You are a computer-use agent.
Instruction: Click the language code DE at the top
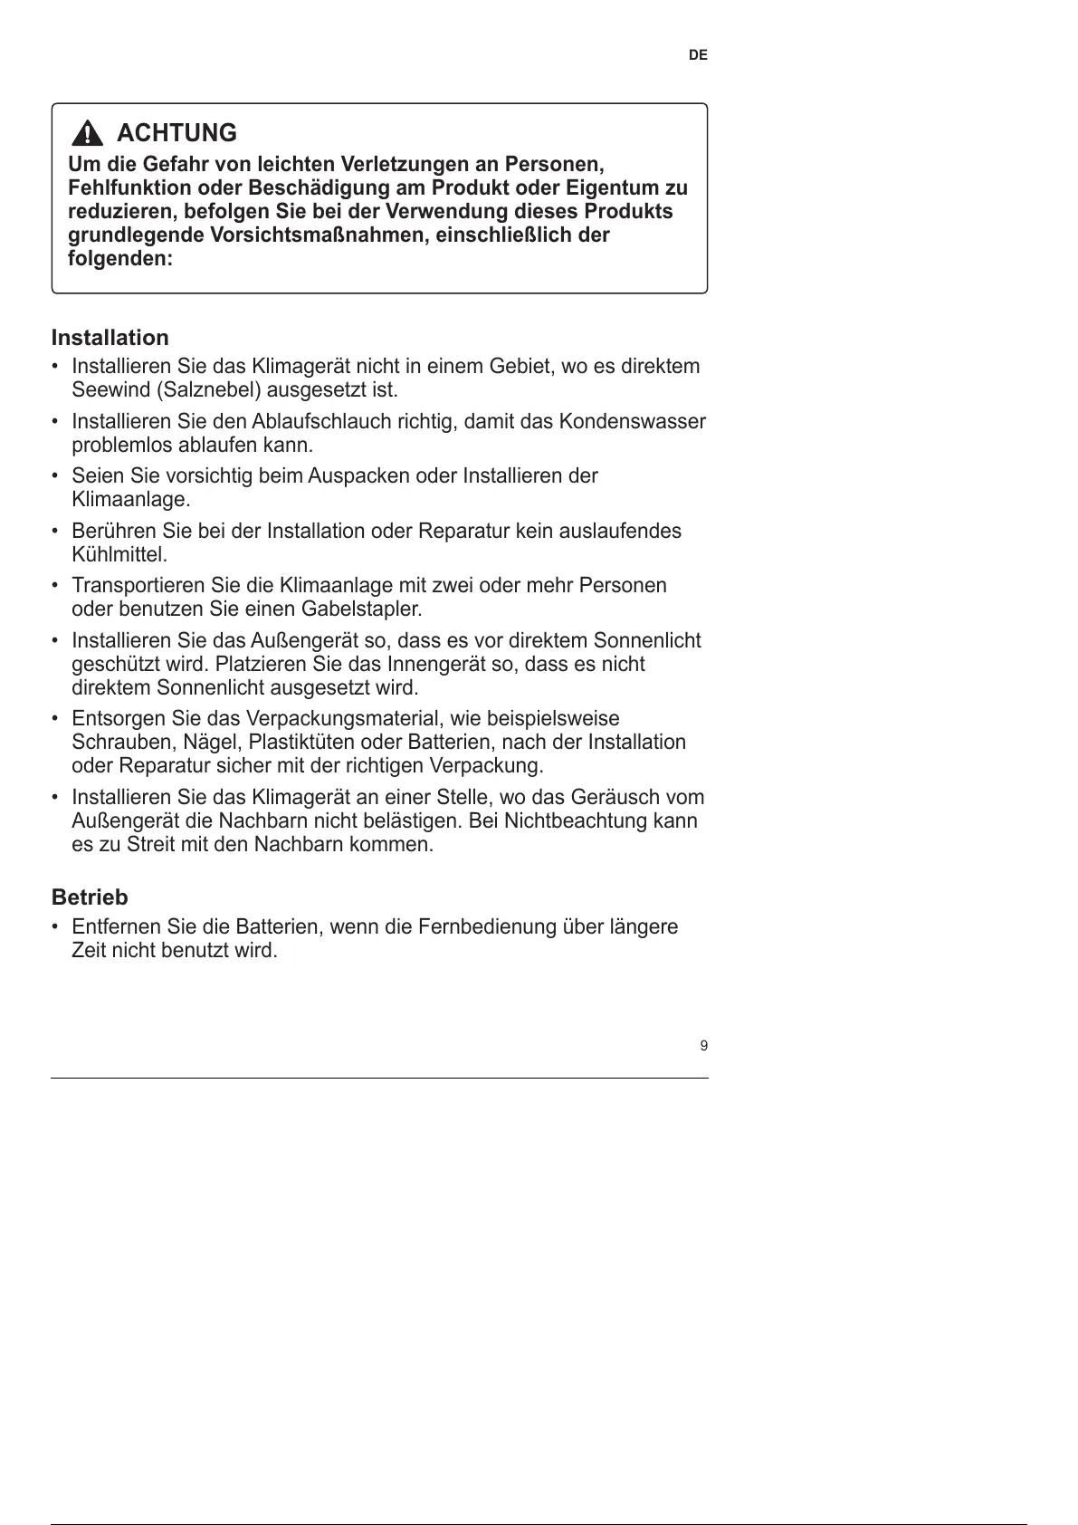click(x=698, y=55)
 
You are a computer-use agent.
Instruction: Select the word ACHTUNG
click(x=177, y=133)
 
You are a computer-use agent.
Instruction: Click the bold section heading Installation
click(x=110, y=338)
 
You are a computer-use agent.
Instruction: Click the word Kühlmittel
click(x=119, y=554)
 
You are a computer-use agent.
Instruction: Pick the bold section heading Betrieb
click(x=90, y=897)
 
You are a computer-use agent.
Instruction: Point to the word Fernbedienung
click(x=487, y=927)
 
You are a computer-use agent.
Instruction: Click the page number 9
click(x=704, y=1047)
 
